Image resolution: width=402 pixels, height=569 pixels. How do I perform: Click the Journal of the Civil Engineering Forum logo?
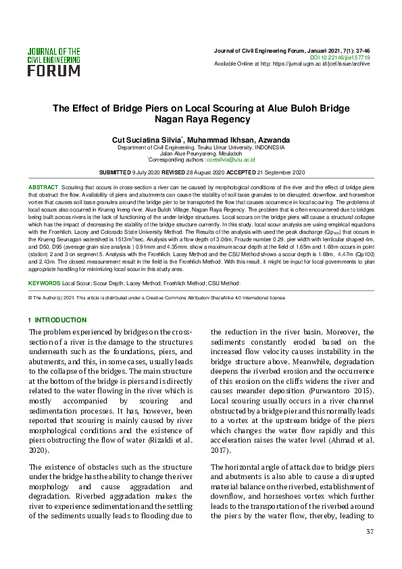(53, 61)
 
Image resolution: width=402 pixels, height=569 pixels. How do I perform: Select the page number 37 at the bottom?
(370, 532)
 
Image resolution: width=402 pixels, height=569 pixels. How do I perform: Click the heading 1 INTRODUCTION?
(57, 320)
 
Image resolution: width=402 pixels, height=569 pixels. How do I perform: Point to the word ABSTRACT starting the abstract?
(43, 186)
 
